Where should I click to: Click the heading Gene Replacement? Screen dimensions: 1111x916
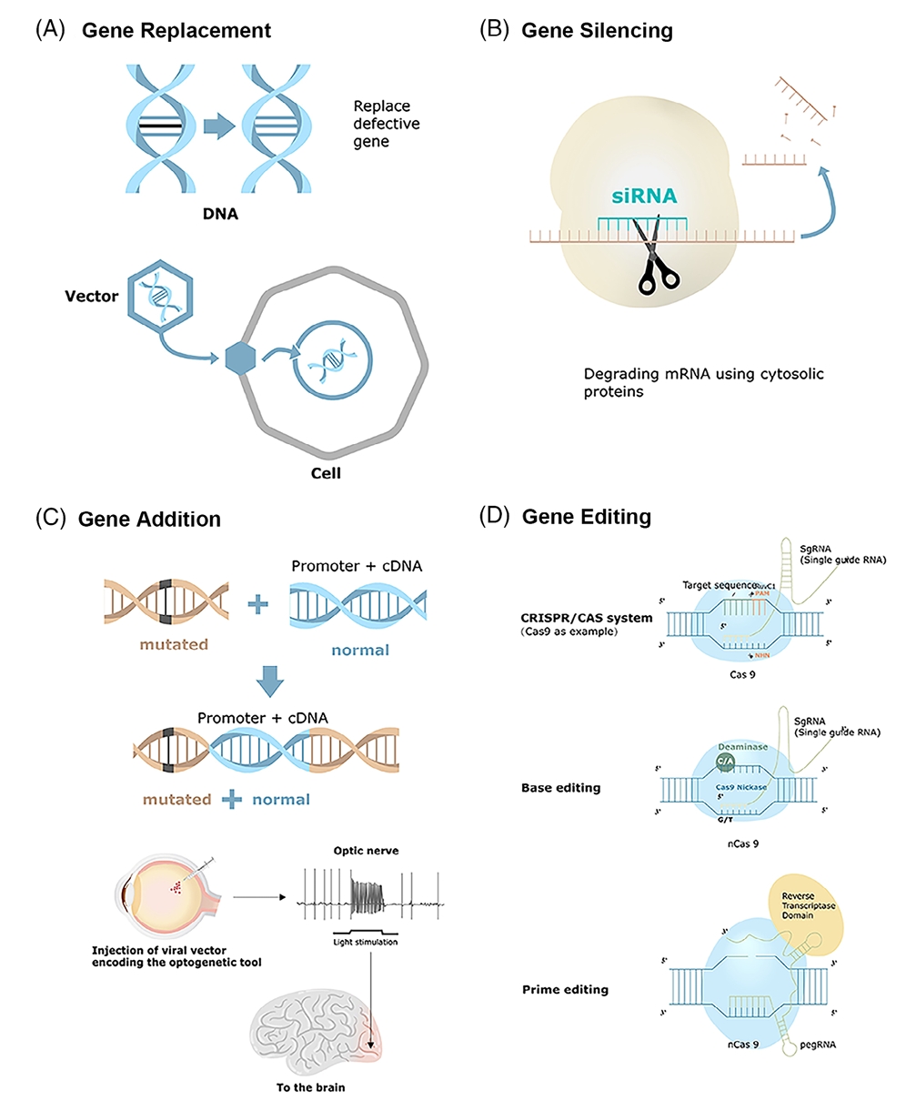176,30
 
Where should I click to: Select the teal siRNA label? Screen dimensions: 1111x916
644,195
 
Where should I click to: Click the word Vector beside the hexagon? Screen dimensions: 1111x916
91,296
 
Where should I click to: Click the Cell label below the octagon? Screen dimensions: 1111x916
325,473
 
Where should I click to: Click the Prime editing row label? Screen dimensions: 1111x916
565,989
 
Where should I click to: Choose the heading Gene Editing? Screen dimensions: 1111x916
586,517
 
